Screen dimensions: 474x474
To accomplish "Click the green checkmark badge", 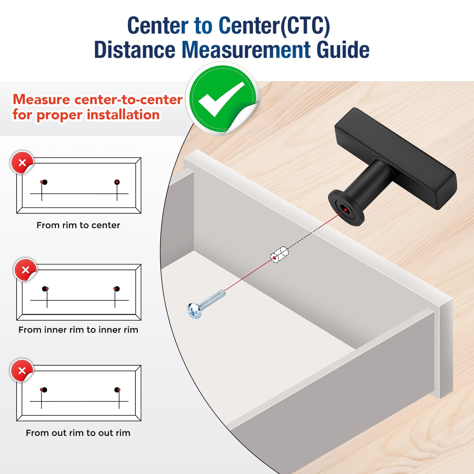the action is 222,98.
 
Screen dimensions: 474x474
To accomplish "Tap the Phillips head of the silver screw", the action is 194,311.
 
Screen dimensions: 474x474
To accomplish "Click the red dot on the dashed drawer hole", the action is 275,258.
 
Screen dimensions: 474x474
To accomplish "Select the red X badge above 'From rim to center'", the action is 22,163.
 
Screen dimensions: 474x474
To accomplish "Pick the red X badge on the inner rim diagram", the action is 25,270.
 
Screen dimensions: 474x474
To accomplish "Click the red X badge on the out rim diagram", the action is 22,370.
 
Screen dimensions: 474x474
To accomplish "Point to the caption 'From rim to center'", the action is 78,225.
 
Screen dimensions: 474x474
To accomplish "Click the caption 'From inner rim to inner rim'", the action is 78,330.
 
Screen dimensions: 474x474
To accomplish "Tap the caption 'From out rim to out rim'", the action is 78,433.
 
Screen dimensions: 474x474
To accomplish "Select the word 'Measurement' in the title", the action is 246,50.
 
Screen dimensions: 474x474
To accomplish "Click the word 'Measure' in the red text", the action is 41,100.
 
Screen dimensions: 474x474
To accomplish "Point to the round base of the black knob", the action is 346,208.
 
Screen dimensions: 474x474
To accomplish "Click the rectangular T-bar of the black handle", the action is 396,158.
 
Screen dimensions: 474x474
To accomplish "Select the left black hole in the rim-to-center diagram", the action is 44,182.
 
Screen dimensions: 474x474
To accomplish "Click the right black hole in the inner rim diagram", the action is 117,288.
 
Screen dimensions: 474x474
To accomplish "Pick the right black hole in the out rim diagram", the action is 117,390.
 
